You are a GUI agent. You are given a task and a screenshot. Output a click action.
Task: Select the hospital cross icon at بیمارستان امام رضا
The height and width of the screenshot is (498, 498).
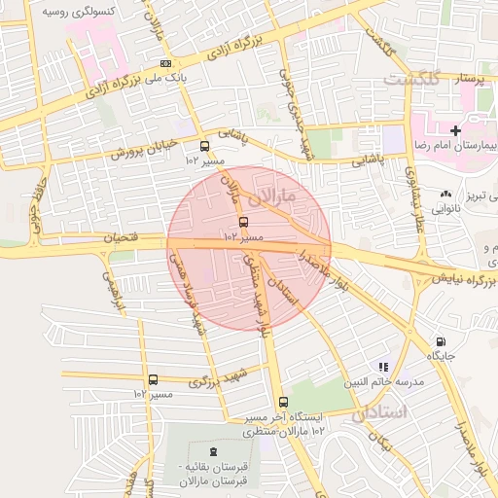(x=455, y=129)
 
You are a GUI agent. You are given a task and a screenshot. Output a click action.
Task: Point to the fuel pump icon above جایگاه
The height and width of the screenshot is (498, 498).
(x=443, y=342)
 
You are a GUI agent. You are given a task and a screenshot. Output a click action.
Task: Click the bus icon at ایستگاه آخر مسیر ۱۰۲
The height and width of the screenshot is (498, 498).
(x=283, y=402)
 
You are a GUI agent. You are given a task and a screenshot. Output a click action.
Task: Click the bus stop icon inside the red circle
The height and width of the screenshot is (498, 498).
(x=242, y=222)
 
